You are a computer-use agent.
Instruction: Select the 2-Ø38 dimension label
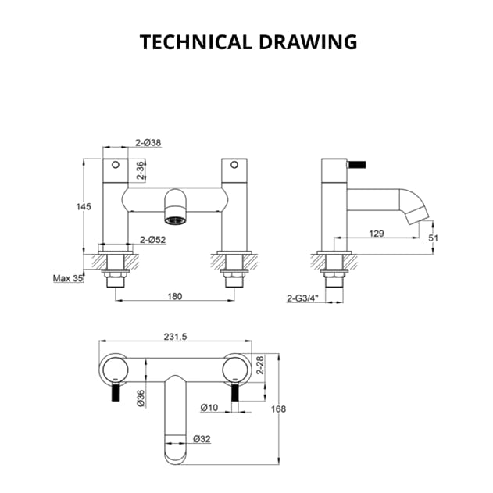[148, 143]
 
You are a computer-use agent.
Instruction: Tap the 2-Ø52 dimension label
[152, 240]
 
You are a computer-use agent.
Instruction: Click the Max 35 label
[68, 278]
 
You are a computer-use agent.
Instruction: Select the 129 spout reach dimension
[377, 233]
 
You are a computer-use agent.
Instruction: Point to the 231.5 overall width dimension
[177, 336]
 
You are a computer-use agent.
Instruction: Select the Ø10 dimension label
[209, 407]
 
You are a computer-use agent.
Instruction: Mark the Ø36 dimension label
[141, 398]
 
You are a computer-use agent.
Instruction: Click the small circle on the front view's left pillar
[115, 166]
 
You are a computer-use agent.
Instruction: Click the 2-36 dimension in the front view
[141, 171]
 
